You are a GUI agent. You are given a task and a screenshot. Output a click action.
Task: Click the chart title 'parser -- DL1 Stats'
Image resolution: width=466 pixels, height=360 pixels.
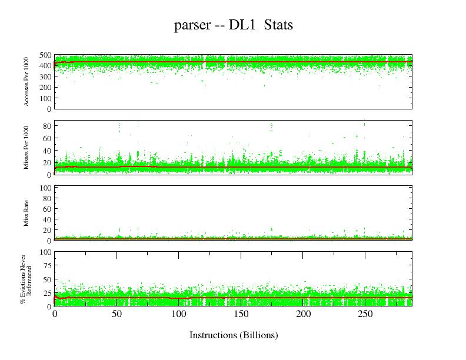pos(234,26)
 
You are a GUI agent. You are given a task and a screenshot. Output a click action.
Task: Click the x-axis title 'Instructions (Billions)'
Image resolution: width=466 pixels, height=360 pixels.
pos(234,335)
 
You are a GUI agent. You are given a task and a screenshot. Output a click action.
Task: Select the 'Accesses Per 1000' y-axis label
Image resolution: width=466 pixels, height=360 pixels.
pos(27,82)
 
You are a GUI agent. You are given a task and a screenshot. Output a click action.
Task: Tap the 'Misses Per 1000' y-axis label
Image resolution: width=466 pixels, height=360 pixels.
pos(27,148)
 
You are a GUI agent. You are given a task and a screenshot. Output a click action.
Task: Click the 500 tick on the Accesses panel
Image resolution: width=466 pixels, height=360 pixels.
pos(45,55)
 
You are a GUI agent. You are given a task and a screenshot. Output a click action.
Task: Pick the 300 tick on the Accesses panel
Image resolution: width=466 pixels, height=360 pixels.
pos(45,76)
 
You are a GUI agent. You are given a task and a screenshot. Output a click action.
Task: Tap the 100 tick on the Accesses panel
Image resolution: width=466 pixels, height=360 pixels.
pos(45,98)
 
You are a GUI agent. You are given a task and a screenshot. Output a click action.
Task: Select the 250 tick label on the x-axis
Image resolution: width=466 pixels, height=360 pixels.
pos(365,315)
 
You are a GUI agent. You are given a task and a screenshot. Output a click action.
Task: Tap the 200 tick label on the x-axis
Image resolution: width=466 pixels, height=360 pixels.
pos(304,315)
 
